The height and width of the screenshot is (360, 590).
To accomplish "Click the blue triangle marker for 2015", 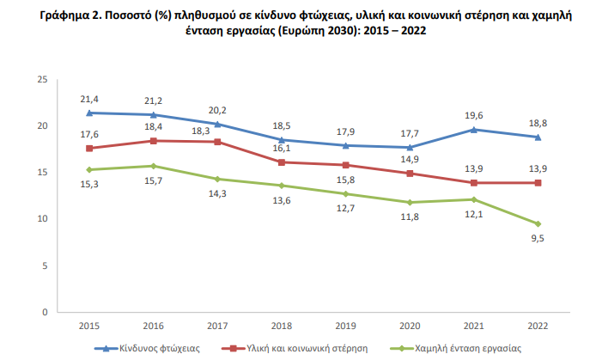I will click(x=90, y=113).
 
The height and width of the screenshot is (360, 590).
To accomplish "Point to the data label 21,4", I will click(x=90, y=101).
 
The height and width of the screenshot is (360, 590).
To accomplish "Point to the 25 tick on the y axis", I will click(x=41, y=80).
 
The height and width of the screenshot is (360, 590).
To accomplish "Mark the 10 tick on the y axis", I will click(x=41, y=219).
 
